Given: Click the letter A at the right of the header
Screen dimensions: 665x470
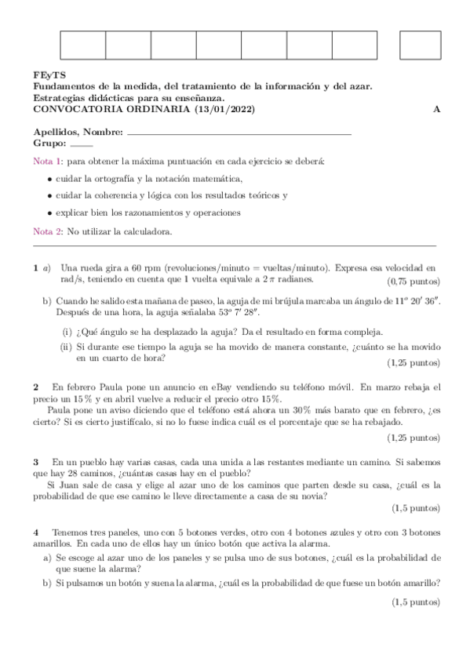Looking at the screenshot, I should point(436,109).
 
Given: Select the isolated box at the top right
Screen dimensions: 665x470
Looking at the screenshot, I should point(420,45).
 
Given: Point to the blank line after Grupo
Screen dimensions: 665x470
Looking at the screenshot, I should point(81,144).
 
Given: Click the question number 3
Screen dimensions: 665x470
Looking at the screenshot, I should point(36,463).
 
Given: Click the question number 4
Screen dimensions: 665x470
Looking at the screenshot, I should point(36,531).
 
